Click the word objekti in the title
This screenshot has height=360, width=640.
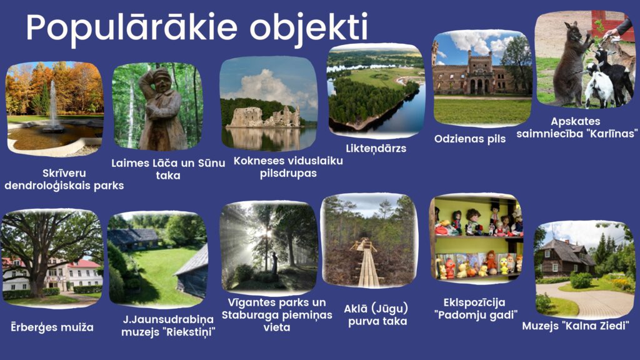[309, 27]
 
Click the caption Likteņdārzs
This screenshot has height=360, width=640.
[376, 148]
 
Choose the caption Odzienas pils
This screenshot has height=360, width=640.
[470, 139]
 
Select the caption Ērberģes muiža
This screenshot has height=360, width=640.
[52, 327]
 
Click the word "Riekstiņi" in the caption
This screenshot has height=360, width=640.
[191, 332]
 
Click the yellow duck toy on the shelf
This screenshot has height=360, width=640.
[505, 265]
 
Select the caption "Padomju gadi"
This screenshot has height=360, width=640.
[475, 315]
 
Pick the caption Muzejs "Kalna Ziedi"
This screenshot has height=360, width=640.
[576, 326]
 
